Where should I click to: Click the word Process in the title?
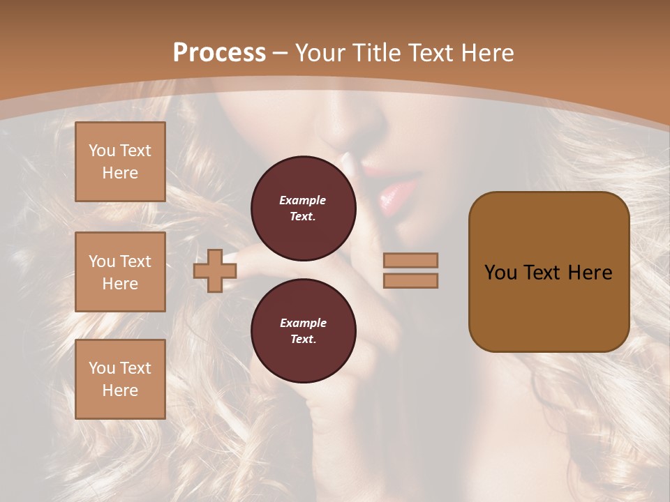219,53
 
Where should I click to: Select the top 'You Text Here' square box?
120,162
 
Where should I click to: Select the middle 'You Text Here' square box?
120,272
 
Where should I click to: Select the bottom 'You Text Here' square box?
120,379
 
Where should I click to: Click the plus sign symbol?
215,271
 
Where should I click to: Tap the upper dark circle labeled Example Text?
303,208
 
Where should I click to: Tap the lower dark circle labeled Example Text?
303,331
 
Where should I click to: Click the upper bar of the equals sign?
410,261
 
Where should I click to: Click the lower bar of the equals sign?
410,280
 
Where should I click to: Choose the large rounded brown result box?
549,272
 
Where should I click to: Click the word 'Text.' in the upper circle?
303,217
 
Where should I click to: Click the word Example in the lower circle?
303,323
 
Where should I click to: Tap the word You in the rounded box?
500,273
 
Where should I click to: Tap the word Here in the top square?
120,173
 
